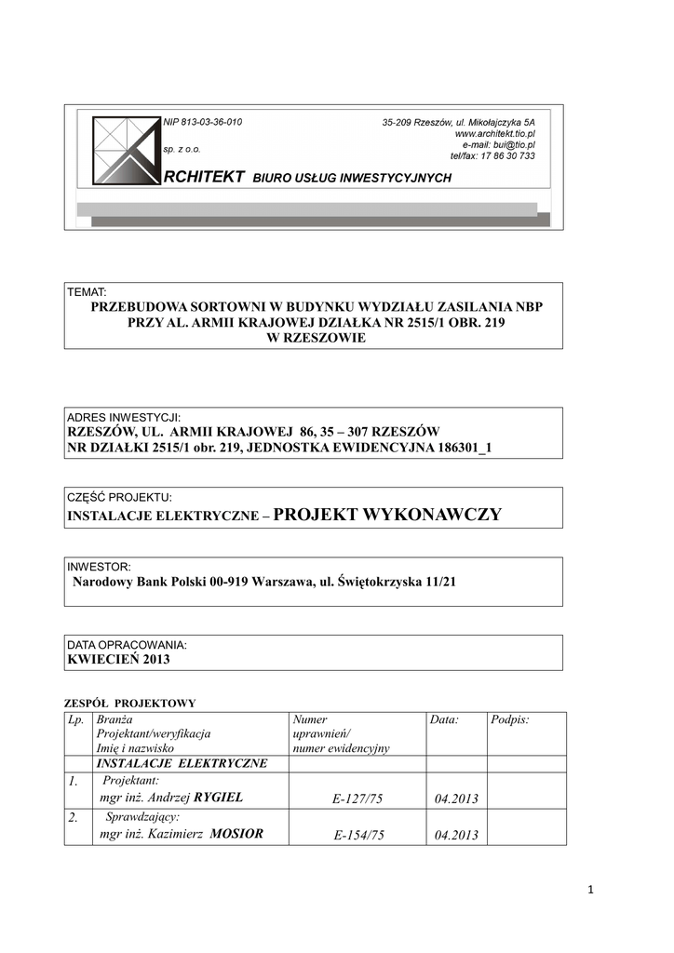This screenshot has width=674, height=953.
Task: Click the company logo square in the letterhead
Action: coord(126,149)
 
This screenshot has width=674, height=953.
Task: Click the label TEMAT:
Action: coord(87,292)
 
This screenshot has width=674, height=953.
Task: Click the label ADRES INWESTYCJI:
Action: coord(124,417)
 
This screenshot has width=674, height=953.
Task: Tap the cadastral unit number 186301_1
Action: coord(456,448)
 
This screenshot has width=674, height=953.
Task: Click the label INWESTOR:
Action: coord(99,566)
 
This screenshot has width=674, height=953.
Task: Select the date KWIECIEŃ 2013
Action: coord(118,659)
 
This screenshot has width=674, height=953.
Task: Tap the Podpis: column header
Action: coord(509,720)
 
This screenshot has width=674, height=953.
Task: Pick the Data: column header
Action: coord(445,720)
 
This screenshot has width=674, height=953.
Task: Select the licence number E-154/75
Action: coord(358,836)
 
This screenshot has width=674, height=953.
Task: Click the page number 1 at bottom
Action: coord(590,890)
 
